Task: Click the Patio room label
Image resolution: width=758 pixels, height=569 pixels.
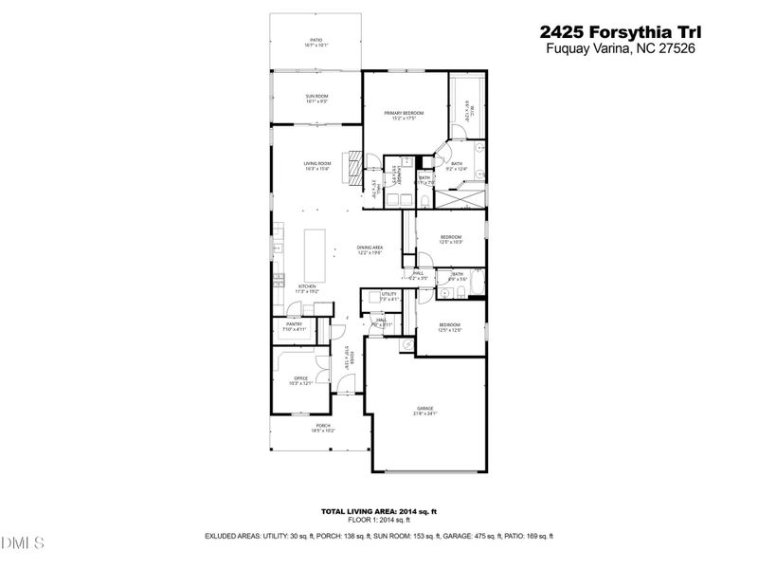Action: [316, 42]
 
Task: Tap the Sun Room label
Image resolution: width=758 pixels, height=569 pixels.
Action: [316, 98]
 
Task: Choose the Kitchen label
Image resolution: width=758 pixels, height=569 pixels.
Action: [308, 288]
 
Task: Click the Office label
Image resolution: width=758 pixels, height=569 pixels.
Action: [299, 380]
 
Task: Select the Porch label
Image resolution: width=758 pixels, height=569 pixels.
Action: [323, 427]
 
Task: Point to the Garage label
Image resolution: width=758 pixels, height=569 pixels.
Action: [424, 411]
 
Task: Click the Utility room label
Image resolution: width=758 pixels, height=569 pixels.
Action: [388, 296]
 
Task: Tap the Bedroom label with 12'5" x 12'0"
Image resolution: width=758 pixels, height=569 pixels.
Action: [449, 327]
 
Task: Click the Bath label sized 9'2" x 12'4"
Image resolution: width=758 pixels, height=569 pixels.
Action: [457, 167]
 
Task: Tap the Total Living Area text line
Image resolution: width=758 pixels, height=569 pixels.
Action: [378, 511]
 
